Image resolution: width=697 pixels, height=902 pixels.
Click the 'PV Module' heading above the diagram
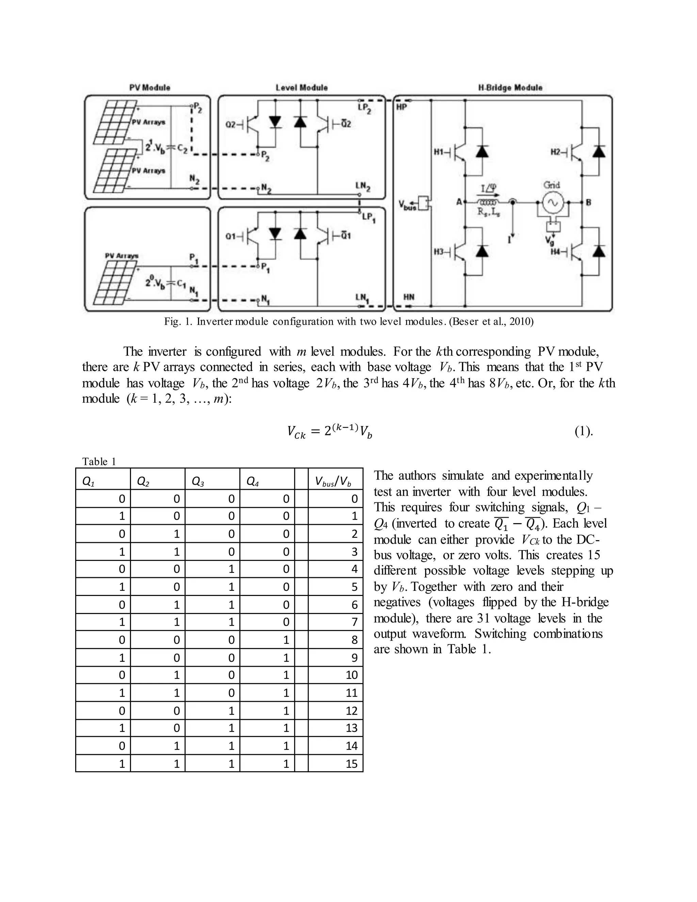tap(149, 87)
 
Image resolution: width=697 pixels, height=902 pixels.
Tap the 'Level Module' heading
tap(302, 87)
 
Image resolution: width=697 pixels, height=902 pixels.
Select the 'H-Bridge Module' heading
tap(510, 87)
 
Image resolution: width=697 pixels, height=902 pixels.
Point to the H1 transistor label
tap(439, 152)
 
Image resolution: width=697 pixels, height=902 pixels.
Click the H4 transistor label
tap(556, 252)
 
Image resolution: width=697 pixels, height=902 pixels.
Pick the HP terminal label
tap(401, 107)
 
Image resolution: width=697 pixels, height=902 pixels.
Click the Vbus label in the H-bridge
tap(407, 205)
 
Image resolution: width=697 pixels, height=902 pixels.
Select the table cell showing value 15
tap(351, 764)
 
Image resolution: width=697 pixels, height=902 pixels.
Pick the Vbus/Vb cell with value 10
tap(351, 675)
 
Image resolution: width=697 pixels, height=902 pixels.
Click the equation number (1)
tap(583, 432)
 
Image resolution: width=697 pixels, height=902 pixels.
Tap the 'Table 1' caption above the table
tap(99, 461)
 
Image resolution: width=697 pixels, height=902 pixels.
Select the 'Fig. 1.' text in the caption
tap(178, 321)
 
